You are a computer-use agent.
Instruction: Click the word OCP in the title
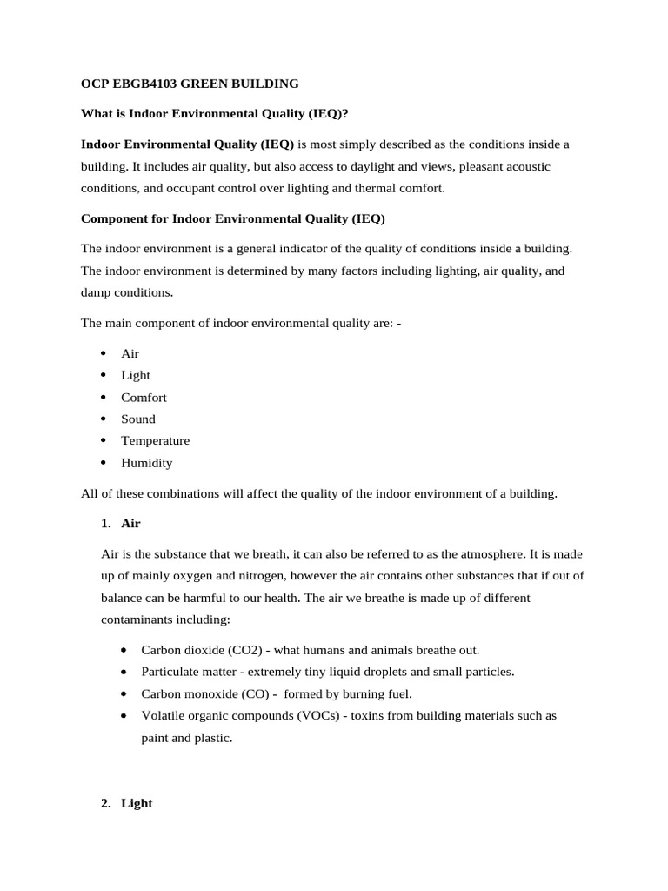(95, 84)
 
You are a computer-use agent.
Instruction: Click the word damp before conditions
(96, 292)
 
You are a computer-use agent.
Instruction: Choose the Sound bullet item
(138, 419)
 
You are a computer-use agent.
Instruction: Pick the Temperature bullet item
(155, 440)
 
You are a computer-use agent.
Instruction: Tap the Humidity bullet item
(146, 463)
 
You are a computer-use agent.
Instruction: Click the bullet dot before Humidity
(103, 462)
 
